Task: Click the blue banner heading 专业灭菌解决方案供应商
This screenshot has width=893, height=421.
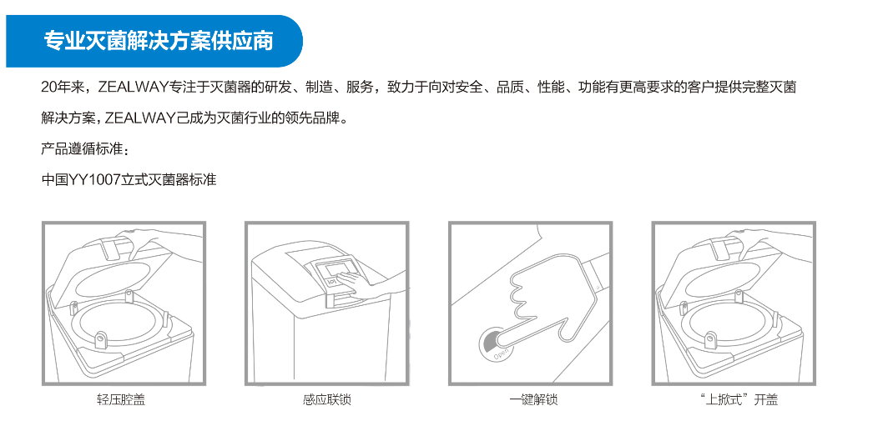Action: pyautogui.click(x=159, y=42)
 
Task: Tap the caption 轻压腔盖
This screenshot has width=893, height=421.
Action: pyautogui.click(x=121, y=400)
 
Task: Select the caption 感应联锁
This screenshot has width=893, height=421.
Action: pyautogui.click(x=327, y=400)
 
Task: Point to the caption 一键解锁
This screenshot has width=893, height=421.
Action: pyautogui.click(x=533, y=400)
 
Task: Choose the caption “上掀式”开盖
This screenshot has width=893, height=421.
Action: pyautogui.click(x=734, y=400)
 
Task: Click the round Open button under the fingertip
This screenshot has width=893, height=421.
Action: pyautogui.click(x=494, y=343)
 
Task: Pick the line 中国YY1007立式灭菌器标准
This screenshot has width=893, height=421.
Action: pyautogui.click(x=129, y=180)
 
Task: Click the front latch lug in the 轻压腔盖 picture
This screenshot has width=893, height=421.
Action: pyautogui.click(x=101, y=339)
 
